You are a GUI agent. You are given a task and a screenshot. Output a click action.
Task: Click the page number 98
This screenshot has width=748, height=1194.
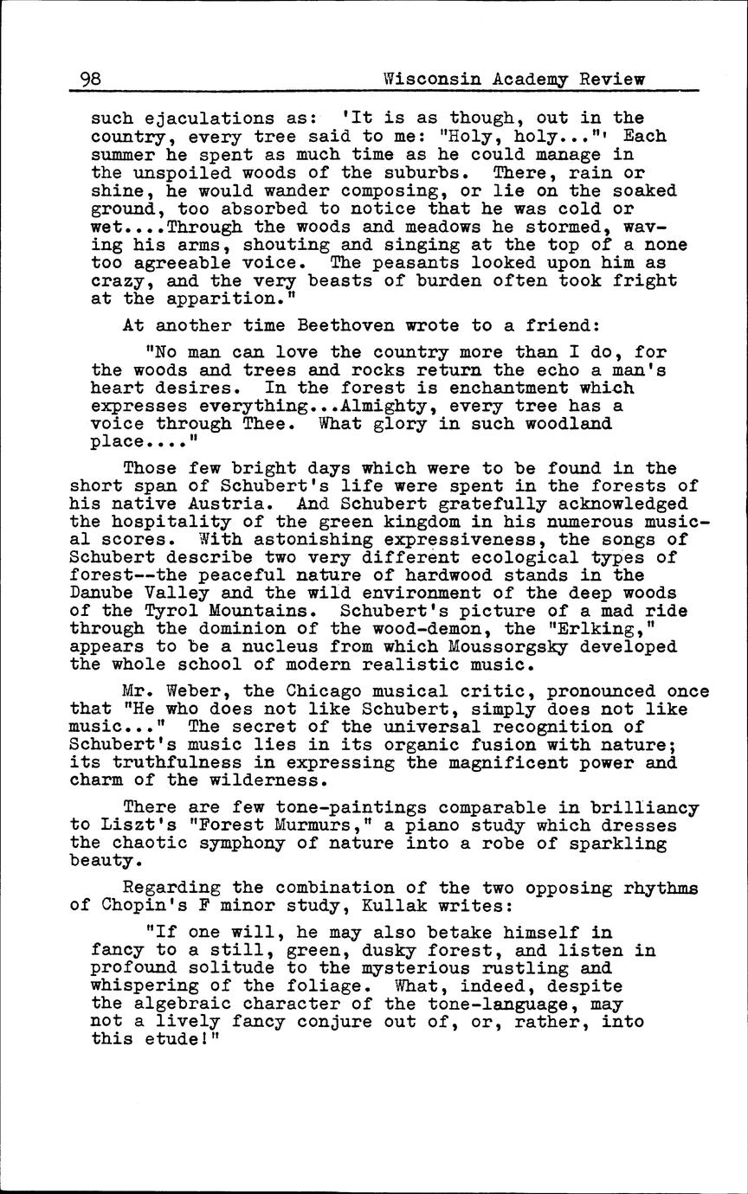[x=90, y=80]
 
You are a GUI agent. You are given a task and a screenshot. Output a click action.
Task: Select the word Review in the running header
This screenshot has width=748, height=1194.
[x=612, y=80]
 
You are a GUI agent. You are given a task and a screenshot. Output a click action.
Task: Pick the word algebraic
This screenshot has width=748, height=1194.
[x=177, y=1005]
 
